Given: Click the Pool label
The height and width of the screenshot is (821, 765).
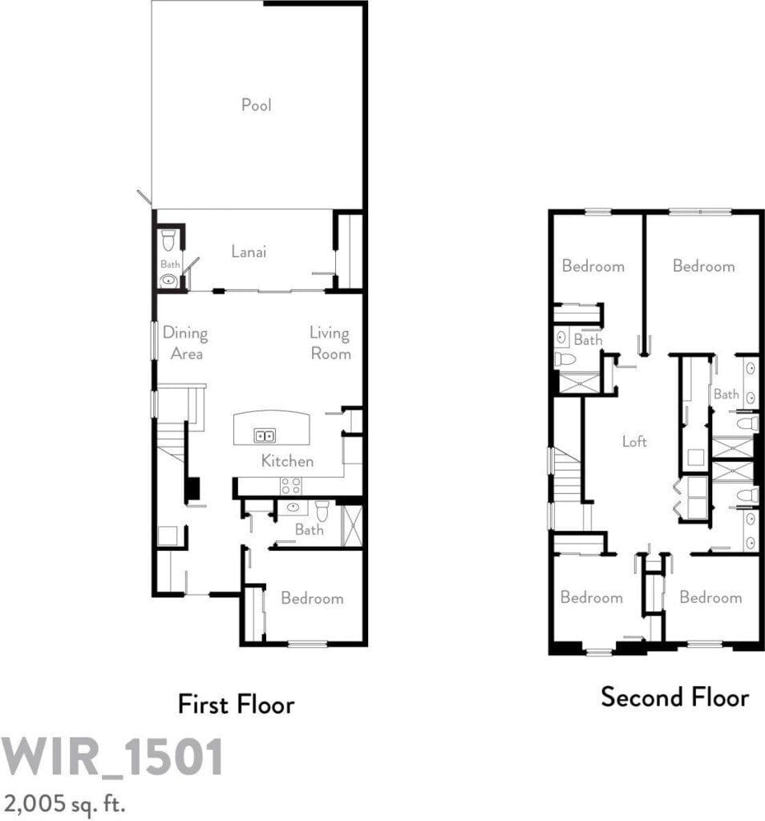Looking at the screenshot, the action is (257, 105).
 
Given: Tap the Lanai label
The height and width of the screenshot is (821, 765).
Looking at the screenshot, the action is (249, 251).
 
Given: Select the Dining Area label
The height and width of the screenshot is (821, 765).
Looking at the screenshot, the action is (185, 343).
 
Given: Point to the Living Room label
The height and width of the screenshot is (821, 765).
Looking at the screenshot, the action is (330, 343).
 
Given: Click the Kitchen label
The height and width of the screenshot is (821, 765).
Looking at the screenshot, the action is (287, 461).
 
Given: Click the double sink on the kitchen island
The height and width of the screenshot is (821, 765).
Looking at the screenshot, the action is (265, 435).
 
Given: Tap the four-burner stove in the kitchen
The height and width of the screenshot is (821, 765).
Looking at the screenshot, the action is (290, 486).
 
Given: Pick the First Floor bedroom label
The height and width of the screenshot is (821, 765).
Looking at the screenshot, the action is (312, 598).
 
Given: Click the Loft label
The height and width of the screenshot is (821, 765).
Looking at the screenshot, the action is (634, 442).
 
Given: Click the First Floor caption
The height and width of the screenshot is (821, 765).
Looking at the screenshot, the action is (236, 704).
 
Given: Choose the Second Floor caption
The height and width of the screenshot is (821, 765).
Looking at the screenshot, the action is (675, 697).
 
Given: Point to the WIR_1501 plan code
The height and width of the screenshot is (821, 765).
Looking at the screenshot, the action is (112, 757).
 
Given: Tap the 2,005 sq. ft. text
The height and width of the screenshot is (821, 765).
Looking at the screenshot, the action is (64, 803).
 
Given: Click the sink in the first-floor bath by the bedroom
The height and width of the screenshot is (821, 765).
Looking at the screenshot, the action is (292, 507).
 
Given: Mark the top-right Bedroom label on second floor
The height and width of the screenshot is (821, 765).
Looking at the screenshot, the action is (704, 266).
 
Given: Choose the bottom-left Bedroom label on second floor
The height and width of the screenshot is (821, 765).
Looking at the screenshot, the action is (592, 597).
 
